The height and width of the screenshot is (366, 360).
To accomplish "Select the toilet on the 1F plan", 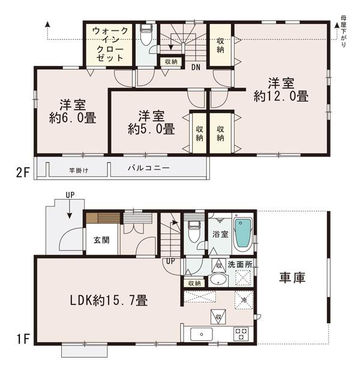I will pos(193,229).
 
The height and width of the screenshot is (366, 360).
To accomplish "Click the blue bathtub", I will pos(242,233).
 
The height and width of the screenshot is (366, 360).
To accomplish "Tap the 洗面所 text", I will pos(240,265).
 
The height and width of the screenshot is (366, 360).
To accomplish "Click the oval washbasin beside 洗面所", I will pos(217,281).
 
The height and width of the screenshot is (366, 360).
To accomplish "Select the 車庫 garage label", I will pos(293,278).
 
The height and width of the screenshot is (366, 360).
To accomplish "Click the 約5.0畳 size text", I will pos(151,128).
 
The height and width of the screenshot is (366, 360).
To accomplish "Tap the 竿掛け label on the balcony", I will pos(78,170).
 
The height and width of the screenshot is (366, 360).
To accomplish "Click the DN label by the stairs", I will pos(196,67).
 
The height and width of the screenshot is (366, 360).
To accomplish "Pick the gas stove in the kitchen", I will pos(241,334).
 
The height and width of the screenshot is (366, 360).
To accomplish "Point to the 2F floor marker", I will pos(22,173).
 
